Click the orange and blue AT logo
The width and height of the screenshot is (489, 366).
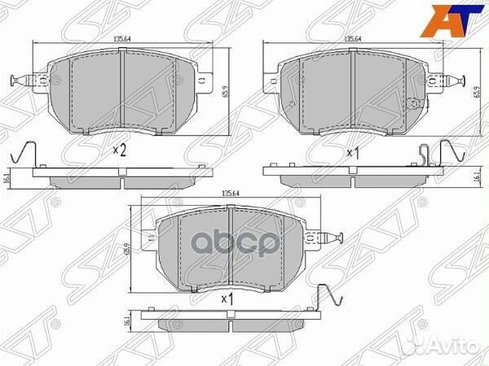pos(453,20)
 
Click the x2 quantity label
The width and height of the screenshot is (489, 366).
pos(120,150)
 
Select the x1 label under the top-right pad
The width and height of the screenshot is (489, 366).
pos(354,153)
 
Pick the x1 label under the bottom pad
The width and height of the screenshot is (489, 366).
pos(227,299)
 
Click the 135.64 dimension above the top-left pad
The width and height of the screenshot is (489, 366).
pos(122,39)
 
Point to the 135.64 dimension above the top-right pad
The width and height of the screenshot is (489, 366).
pos(352,39)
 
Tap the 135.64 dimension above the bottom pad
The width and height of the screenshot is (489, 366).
pos(230,193)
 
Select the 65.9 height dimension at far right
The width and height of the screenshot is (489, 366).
pos(482,93)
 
